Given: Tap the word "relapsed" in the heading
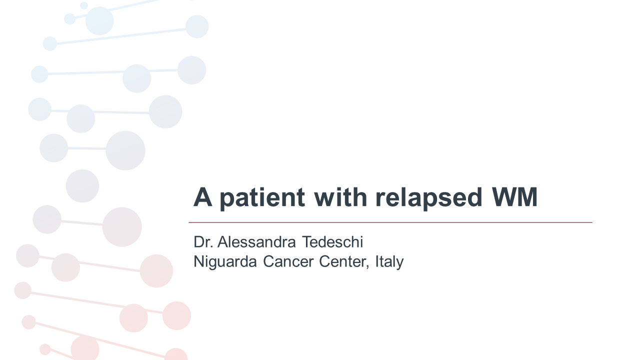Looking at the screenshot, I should click(429, 197).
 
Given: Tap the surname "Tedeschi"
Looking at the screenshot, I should click(332, 242).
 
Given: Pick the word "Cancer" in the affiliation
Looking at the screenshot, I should click(288, 261).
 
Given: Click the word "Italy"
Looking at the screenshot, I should click(390, 261).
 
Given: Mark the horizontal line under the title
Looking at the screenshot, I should click(390, 222).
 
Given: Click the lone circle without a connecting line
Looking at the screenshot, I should click(82, 186).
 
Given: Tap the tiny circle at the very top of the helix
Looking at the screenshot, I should click(84, 5).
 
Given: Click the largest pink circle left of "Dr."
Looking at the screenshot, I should click(122, 227).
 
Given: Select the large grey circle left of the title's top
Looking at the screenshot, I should click(125, 150).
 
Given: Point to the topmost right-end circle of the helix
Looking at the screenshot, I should click(197, 26).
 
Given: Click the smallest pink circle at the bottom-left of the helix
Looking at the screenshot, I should click(45, 349).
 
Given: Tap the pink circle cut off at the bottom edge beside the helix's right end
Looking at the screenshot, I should click(176, 354).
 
